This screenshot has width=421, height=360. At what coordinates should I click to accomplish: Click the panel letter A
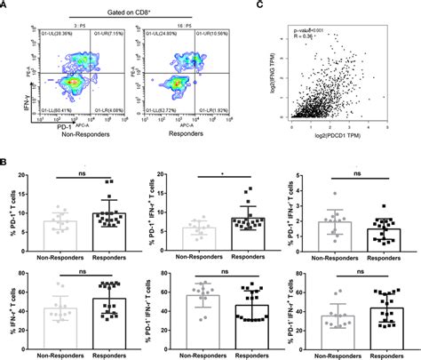click(6, 6)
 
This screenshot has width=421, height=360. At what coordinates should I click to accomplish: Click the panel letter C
click(282, 6)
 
